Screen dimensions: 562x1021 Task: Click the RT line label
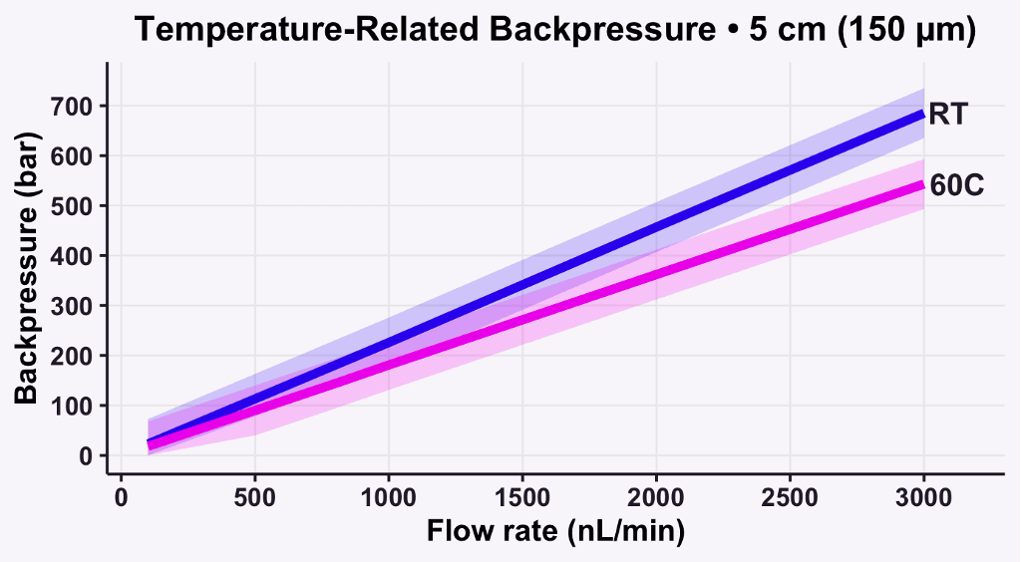(947, 115)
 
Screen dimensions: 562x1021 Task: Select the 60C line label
(956, 185)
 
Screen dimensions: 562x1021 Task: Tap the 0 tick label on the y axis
(87, 455)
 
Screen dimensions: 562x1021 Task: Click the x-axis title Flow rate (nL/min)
(555, 532)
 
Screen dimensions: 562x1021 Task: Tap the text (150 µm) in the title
(906, 30)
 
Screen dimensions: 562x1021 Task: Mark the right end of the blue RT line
(923, 114)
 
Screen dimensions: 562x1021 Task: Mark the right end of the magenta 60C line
(923, 184)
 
